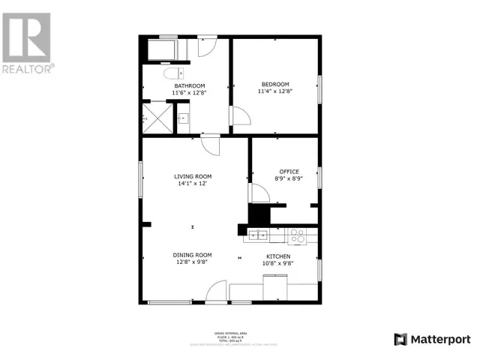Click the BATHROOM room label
[x=190, y=85]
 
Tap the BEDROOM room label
[x=275, y=84]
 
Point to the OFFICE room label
[x=289, y=172]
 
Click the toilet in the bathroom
[x=172, y=74]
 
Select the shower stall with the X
[x=156, y=118]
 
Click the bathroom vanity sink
[x=183, y=118]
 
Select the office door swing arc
[x=259, y=193]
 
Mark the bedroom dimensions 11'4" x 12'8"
[x=275, y=91]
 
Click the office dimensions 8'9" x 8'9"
[x=289, y=179]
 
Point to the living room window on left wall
[x=141, y=180]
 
